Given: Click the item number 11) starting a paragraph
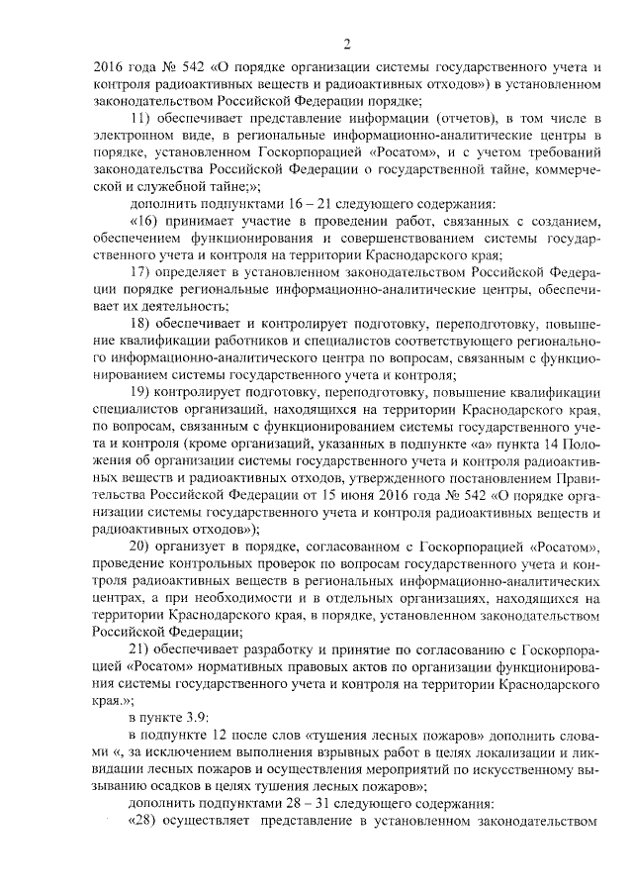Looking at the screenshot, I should point(141,119).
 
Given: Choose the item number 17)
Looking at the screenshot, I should point(141,271).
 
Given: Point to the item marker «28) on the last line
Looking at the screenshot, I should point(144,820).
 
